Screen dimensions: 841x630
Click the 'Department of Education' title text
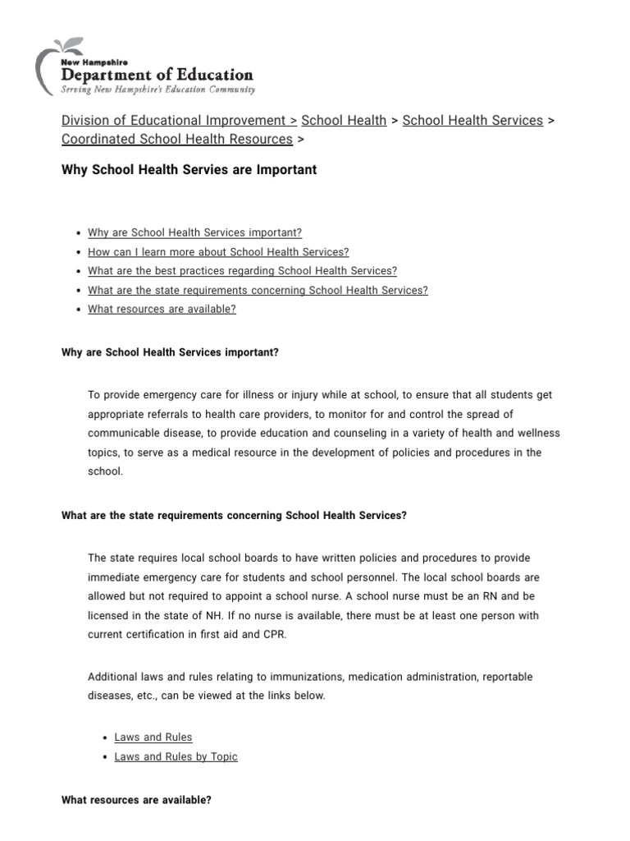click(157, 74)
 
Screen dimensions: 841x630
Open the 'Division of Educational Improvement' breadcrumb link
click(174, 121)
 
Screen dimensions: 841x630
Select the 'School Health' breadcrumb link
click(344, 121)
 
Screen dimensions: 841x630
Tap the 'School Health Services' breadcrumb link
click(472, 121)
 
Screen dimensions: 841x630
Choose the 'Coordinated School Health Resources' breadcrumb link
click(176, 140)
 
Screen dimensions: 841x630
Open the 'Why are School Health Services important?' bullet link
click(194, 233)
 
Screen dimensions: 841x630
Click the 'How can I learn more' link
click(218, 252)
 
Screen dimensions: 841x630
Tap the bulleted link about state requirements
click(258, 290)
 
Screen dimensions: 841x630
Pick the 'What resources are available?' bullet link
click(162, 310)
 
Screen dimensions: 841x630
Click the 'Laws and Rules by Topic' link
click(176, 756)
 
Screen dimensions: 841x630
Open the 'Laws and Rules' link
click(153, 738)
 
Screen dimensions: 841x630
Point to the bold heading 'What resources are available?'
click(136, 799)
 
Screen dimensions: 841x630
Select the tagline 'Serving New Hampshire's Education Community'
click(158, 90)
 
